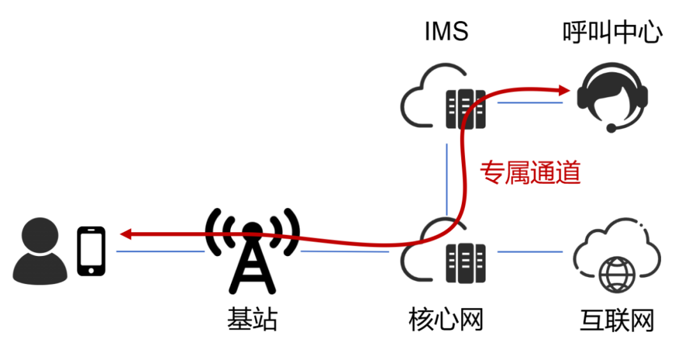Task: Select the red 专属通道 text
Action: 530,172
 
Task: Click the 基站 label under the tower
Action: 253,319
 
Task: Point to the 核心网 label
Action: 445,319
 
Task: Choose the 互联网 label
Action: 617,319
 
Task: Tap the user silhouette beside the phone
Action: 40,252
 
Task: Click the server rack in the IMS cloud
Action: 465,107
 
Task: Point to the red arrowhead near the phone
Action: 126,234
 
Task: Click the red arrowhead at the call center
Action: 563,90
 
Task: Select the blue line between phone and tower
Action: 159,251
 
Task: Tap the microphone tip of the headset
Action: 611,128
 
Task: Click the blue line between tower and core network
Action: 344,251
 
